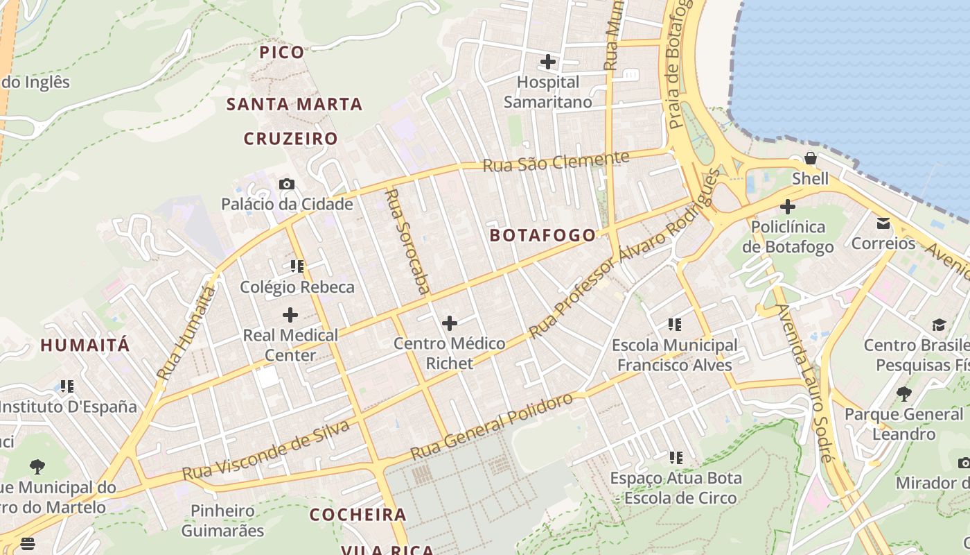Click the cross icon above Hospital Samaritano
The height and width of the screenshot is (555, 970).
click(548, 62)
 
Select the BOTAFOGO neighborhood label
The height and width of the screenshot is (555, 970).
click(543, 235)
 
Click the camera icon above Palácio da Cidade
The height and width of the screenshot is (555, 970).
click(287, 184)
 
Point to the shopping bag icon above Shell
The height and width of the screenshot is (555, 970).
click(810, 159)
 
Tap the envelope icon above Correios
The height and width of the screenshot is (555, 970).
click(883, 223)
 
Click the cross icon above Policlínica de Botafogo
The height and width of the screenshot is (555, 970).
click(788, 207)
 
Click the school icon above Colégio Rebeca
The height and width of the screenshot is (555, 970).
click(297, 266)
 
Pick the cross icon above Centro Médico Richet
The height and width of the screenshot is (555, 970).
click(450, 323)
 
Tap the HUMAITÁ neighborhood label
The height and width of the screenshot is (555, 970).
click(85, 345)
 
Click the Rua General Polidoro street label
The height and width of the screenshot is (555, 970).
click(492, 427)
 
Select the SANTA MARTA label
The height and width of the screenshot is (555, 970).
click(294, 105)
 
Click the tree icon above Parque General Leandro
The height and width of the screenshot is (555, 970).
click(903, 394)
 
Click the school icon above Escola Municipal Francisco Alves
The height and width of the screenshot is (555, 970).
click(675, 324)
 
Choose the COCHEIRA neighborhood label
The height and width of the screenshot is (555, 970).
click(358, 515)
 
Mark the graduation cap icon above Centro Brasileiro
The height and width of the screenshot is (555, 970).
click(939, 325)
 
